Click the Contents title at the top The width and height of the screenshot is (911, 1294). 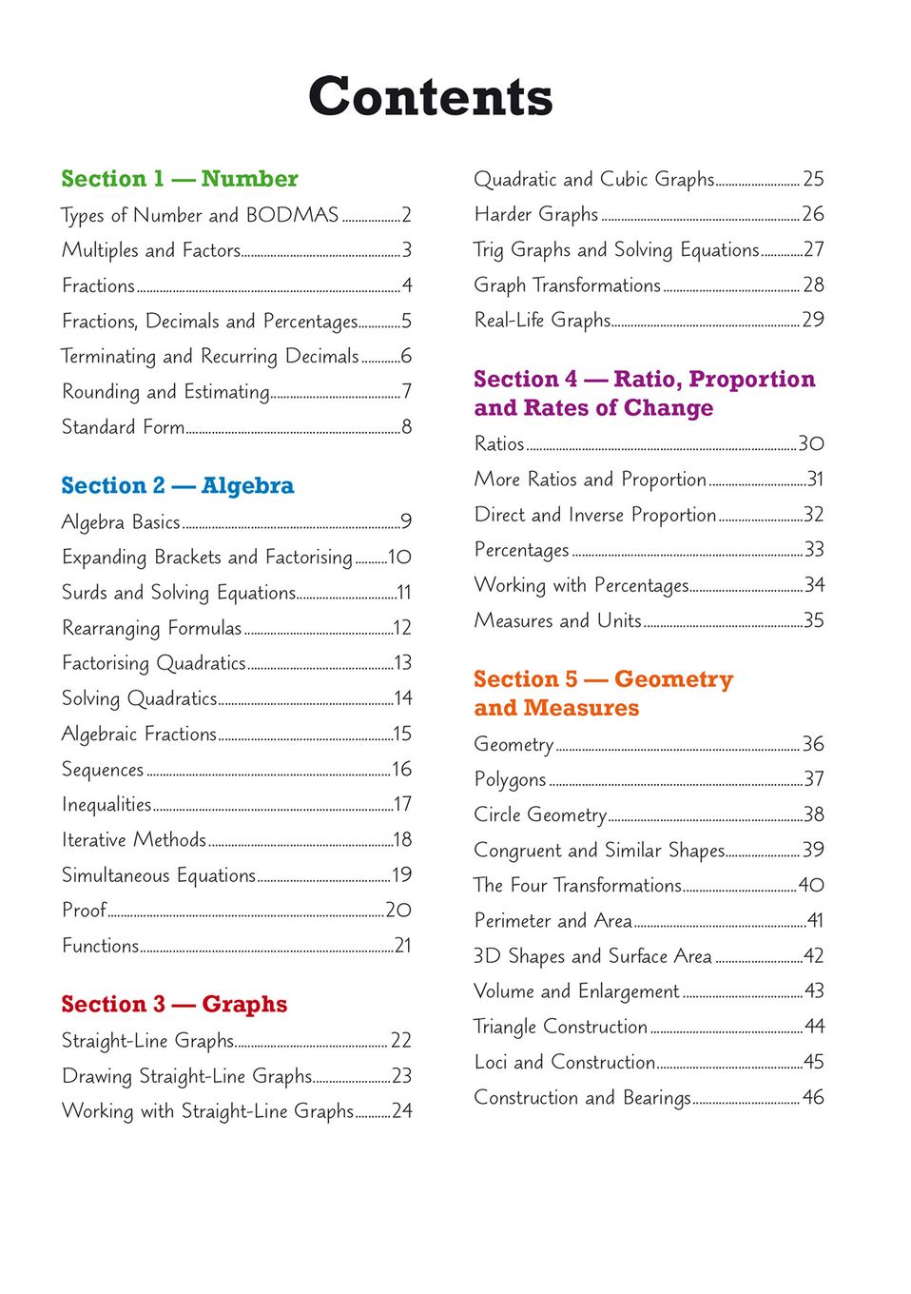tap(430, 97)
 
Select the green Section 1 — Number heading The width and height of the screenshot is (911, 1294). tap(180, 179)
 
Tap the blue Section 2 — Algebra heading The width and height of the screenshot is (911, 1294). tap(178, 486)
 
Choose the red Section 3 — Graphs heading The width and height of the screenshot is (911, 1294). tap(174, 1005)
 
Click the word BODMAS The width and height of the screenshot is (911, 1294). tap(292, 215)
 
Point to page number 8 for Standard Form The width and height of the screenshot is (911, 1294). tap(407, 427)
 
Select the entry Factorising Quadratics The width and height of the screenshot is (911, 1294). tap(154, 663)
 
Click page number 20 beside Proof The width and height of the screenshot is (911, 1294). tap(398, 911)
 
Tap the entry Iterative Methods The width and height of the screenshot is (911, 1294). tap(134, 840)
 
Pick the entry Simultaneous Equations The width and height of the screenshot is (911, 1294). tap(159, 875)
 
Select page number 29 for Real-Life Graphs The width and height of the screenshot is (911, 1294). tap(813, 320)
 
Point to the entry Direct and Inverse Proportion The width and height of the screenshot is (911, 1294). tap(595, 515)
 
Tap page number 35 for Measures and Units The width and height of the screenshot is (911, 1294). tap(813, 621)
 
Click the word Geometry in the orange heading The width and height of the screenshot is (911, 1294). tap(673, 679)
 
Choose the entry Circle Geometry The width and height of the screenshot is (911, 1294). tap(540, 815)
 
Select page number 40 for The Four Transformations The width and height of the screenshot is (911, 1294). tap(811, 886)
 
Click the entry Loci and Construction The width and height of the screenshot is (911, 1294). tap(565, 1062)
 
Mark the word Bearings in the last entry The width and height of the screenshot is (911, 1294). tap(657, 1098)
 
